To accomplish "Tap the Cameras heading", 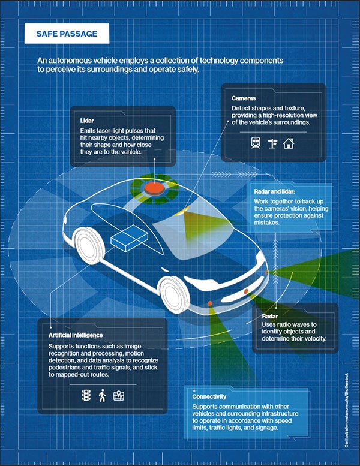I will point(245,97).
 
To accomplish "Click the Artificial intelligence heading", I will point(76,335).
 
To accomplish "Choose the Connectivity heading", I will point(209,397).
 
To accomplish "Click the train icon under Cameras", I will point(255,143).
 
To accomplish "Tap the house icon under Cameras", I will point(289,143).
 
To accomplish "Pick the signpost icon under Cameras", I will point(272,143).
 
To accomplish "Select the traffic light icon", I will point(85,395).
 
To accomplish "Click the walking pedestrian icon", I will point(102,395).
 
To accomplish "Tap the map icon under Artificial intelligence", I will point(119,395).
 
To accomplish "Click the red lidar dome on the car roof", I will point(156,187).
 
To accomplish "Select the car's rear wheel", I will point(85,243).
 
